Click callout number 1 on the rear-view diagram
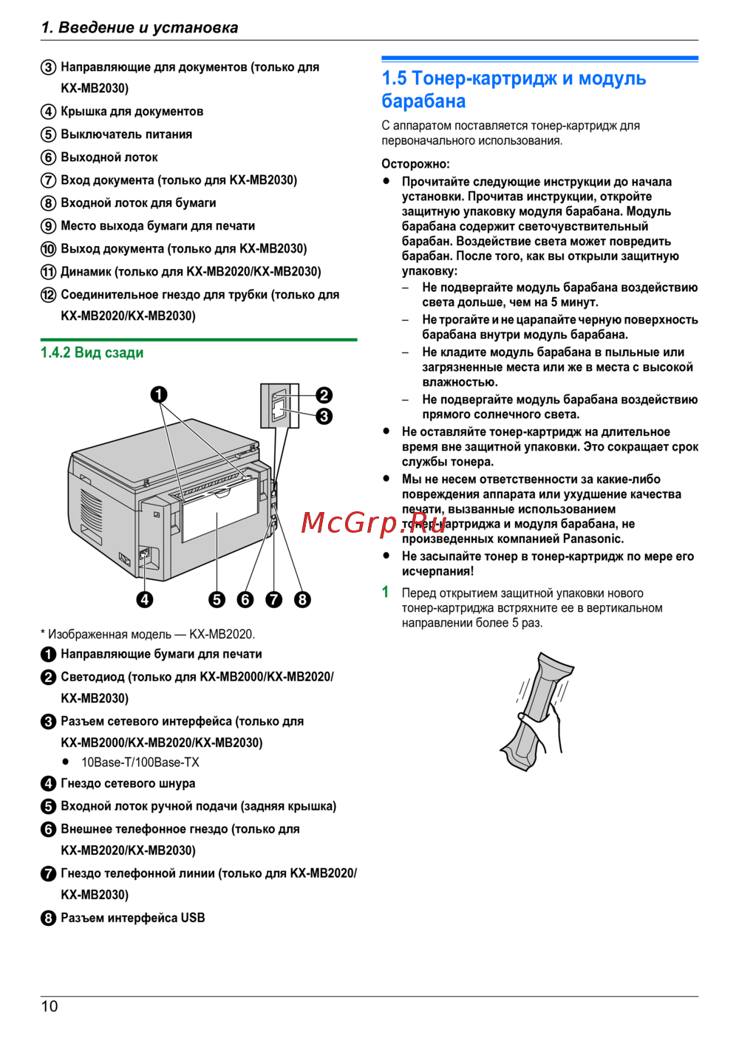159,395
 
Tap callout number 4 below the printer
145,599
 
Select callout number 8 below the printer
302,599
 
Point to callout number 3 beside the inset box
324,416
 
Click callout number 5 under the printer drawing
217,599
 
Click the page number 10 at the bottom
50,1006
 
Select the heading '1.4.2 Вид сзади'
92,352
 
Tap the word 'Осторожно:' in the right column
415,163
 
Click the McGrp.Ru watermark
374,522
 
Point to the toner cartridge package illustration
537,711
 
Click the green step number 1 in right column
385,592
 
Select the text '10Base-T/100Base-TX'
140,762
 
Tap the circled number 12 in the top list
48,295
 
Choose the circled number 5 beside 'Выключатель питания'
48,134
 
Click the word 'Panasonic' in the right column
593,539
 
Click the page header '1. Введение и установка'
140,27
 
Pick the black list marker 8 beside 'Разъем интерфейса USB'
48,918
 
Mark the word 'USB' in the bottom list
193,918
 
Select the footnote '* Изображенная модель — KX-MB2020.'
148,634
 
